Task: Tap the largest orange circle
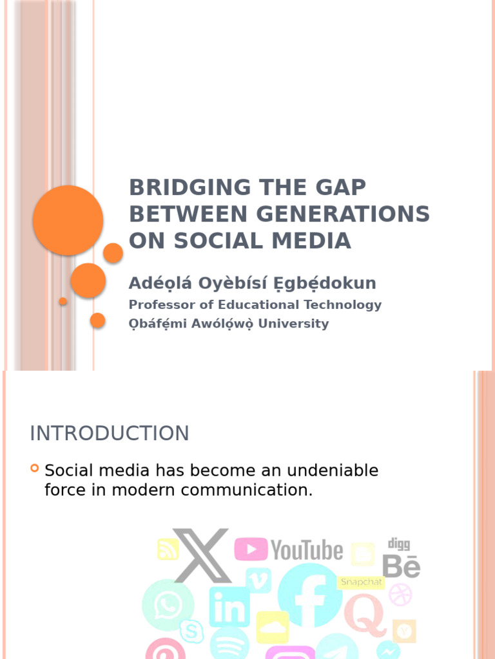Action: [x=68, y=220]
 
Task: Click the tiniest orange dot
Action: [x=63, y=301]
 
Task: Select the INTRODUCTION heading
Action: [x=110, y=433]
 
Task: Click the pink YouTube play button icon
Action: [x=251, y=550]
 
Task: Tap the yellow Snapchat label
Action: [x=362, y=582]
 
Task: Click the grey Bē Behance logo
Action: [x=401, y=566]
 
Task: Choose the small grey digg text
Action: [x=398, y=544]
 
